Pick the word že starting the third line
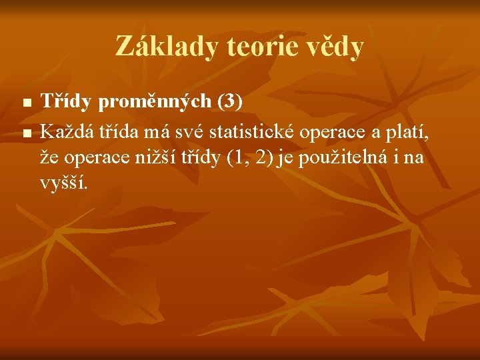[x=49, y=157]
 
